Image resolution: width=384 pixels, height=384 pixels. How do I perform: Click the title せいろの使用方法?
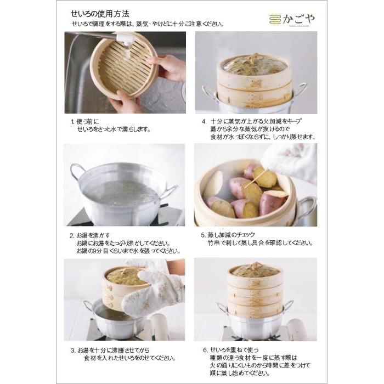pos(101,13)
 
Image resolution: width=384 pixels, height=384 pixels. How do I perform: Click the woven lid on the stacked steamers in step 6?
pos(254,270)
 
